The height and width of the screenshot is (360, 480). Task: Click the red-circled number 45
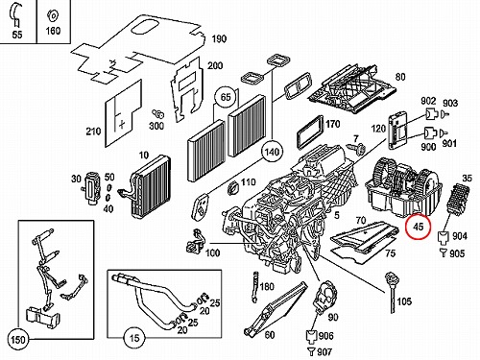pos(419,227)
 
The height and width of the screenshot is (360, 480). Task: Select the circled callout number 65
pos(226,97)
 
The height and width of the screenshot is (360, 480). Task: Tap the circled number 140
pos(272,152)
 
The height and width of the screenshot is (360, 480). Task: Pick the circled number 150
pos(17,340)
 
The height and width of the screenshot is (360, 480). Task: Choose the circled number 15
pos(134,338)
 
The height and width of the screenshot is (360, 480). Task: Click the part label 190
pos(219,38)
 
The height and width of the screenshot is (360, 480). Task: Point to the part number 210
pos(93,132)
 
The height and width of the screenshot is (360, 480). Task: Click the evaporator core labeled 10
pos(150,186)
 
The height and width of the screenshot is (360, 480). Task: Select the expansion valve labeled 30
pos(91,188)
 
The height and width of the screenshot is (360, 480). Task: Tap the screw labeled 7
pos(358,149)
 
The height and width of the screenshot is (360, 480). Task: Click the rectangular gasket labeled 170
pos(310,132)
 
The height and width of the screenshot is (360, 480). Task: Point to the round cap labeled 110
pos(233,188)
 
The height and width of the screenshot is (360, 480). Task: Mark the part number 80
pos(400,77)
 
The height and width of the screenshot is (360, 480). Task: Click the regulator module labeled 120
pos(398,131)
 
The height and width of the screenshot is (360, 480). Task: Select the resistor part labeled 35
pos(457,199)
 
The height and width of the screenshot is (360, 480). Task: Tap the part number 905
pos(457,253)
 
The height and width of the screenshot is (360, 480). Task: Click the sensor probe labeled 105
pos(392,292)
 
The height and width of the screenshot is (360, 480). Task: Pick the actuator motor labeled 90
pos(325,297)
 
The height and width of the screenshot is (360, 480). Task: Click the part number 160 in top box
pos(53,31)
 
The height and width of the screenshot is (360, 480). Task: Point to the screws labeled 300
pos(158,113)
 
